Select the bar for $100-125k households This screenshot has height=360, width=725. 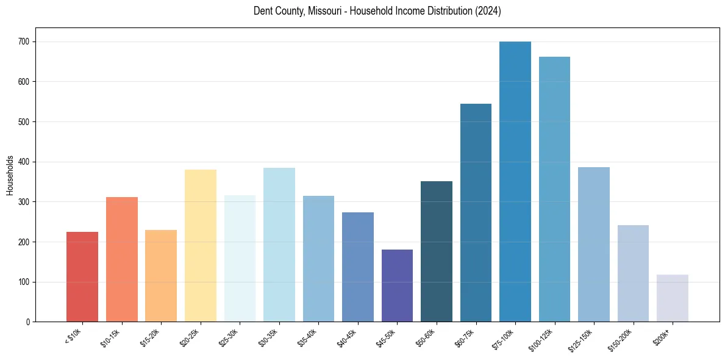click(x=554, y=189)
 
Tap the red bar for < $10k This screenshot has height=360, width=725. click(x=82, y=277)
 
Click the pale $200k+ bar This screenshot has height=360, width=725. click(x=673, y=298)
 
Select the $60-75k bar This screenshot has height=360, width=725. click(x=476, y=213)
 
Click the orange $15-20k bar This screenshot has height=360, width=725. click(x=161, y=276)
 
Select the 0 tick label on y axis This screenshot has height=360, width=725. click(x=29, y=322)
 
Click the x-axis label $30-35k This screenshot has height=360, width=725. click(x=268, y=337)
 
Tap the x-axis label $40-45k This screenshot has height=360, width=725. click(x=347, y=337)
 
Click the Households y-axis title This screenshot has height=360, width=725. click(x=10, y=175)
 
